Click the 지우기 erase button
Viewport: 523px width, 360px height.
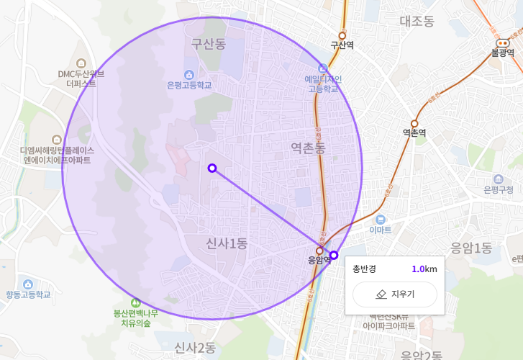(x=394, y=294)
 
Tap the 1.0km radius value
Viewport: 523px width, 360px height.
(x=424, y=269)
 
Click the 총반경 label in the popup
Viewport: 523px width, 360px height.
(x=364, y=269)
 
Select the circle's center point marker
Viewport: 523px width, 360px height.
(x=212, y=168)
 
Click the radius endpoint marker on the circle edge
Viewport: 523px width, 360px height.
(x=334, y=256)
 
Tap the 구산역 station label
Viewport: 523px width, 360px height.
(x=342, y=45)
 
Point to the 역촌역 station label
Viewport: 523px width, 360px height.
(x=414, y=132)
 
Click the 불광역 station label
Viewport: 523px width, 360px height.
(x=502, y=53)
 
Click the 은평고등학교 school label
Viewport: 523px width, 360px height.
(x=189, y=85)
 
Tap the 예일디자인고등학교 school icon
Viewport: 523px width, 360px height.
(x=322, y=68)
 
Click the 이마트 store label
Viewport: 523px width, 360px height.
(x=381, y=230)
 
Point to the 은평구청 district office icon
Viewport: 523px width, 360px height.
(x=499, y=179)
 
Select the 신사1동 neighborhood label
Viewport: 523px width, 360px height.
(x=226, y=243)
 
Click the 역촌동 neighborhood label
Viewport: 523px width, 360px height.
(x=308, y=148)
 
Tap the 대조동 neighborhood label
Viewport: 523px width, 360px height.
(x=417, y=21)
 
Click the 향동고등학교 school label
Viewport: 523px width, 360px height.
(x=29, y=294)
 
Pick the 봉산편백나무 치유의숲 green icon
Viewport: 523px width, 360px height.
(x=136, y=302)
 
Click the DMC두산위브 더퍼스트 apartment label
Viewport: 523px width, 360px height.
(x=81, y=78)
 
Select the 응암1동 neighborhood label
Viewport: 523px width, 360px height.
(x=471, y=248)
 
